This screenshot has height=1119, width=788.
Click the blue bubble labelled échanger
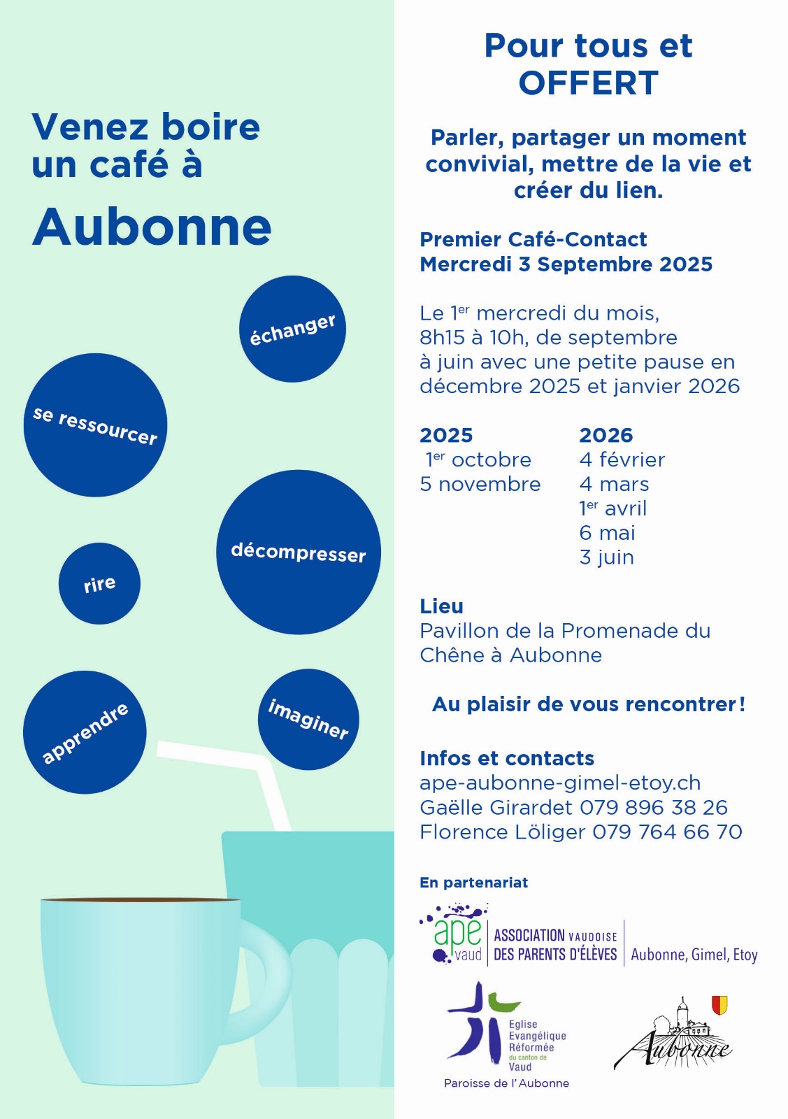click(292, 329)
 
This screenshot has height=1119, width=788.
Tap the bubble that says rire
click(99, 583)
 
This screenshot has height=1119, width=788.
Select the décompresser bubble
click(299, 553)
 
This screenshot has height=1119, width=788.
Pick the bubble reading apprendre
click(85, 732)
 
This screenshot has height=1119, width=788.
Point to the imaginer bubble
click(308, 719)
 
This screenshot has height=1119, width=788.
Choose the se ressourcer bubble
click(95, 425)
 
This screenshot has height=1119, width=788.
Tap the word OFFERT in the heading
click(588, 83)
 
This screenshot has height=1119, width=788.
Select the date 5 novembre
click(480, 484)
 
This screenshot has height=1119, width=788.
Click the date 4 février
click(622, 459)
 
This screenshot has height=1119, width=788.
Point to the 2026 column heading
click(606, 435)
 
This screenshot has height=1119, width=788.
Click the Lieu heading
click(441, 606)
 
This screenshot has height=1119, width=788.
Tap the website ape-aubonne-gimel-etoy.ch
click(560, 783)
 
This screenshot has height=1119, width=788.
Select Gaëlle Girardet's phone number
click(654, 807)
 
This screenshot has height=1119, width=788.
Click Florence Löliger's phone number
click(667, 832)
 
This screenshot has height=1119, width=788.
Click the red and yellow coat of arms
click(719, 1005)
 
